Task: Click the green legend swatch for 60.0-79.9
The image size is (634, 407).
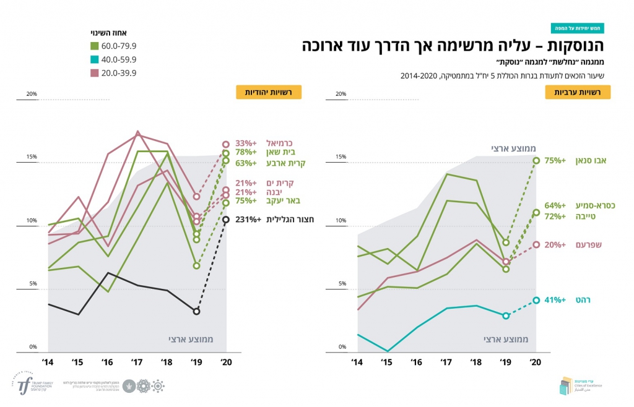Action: coord(95,46)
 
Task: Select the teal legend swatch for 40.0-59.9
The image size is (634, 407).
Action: coord(95,59)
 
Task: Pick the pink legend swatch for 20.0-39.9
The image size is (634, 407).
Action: coord(95,73)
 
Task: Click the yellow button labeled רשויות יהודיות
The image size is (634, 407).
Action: coord(268,92)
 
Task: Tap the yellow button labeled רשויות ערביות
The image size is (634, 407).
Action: coord(577,92)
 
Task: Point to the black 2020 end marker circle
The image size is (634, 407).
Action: coord(227,220)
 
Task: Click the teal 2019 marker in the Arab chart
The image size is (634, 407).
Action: coord(506,315)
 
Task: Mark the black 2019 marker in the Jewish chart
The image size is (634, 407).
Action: coord(197,311)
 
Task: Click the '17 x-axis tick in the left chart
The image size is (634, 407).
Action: coord(137,361)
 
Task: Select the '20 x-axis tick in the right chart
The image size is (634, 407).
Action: coord(536,361)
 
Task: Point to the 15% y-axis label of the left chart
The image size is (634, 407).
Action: coord(32,157)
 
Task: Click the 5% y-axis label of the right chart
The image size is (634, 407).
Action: coord(341,284)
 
